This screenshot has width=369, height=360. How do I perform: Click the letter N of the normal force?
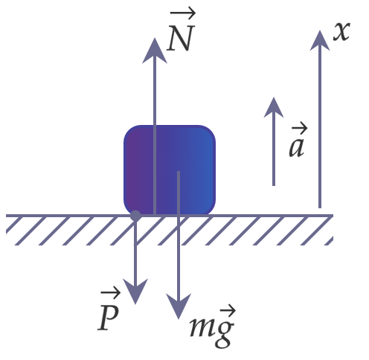(x=180, y=39)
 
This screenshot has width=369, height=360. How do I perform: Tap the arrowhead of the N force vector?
(x=155, y=51)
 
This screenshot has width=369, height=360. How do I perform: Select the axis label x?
(x=341, y=31)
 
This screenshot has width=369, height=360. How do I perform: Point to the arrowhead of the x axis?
(x=320, y=40)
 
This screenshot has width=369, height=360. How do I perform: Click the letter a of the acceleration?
(x=297, y=147)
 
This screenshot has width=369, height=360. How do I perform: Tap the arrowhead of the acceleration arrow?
(x=274, y=107)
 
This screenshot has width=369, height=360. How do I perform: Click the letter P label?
(x=108, y=318)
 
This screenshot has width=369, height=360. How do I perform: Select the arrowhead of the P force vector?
(x=135, y=292)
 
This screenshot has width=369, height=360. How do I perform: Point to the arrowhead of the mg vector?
(x=179, y=306)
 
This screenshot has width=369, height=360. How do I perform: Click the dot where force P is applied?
(x=135, y=216)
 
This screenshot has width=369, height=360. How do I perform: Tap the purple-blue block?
(x=170, y=170)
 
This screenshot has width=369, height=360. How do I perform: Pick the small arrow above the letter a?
(x=299, y=128)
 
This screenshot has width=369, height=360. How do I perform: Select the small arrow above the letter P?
(x=110, y=295)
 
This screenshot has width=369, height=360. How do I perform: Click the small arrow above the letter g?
(x=228, y=310)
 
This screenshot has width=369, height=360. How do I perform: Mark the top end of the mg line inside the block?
(x=179, y=172)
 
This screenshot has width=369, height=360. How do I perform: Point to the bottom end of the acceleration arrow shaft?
(x=274, y=185)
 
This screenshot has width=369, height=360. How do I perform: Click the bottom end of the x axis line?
(x=320, y=208)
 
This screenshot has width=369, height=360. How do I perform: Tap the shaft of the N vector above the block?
(x=155, y=94)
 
